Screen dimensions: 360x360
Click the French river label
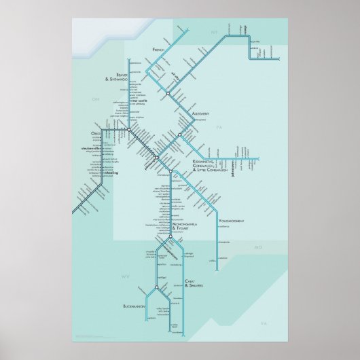click(159, 50)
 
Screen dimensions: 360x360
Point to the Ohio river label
click(95, 133)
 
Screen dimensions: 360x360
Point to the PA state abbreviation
click(219, 126)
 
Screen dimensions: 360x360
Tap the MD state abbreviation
click(257, 248)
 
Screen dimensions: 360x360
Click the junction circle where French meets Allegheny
click(168, 92)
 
